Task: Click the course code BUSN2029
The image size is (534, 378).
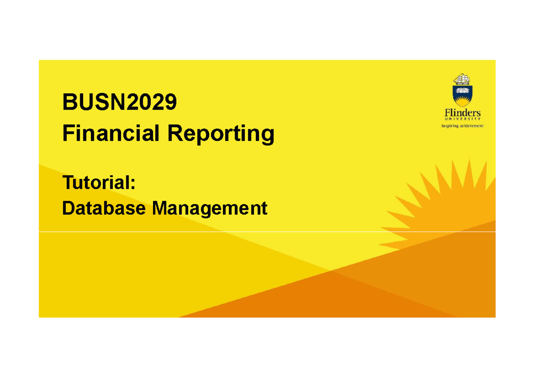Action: click(119, 103)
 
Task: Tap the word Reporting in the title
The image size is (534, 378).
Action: click(220, 134)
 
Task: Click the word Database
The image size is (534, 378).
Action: click(104, 208)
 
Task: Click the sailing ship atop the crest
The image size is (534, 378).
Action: click(462, 80)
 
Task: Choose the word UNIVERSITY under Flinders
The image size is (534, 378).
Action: click(462, 119)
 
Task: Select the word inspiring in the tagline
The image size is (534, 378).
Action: click(450, 126)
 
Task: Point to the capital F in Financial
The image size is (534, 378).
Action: click(67, 133)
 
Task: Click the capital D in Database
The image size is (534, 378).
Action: click(68, 208)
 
